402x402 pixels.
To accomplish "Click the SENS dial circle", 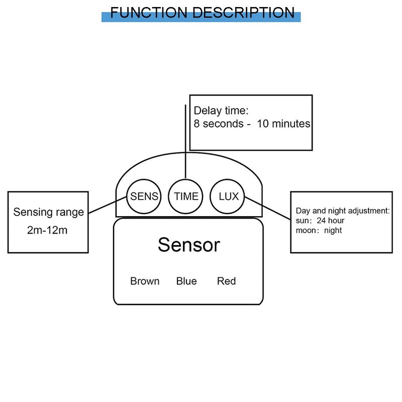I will (x=144, y=196).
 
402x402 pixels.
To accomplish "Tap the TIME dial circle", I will (x=186, y=196).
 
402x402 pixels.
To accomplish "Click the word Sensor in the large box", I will (x=188, y=245).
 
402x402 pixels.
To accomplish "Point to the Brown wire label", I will (x=145, y=281).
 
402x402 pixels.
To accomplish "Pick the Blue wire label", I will (x=186, y=281).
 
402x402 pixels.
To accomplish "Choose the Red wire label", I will (x=226, y=281).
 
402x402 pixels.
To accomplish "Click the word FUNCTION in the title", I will (x=149, y=13).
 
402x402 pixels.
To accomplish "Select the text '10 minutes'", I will (x=283, y=124).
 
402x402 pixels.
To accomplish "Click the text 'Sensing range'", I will (x=49, y=212).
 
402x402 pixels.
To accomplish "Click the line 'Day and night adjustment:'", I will (x=343, y=211).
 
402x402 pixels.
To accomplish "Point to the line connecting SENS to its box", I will (x=108, y=207).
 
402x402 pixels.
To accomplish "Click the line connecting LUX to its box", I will (x=267, y=208).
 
